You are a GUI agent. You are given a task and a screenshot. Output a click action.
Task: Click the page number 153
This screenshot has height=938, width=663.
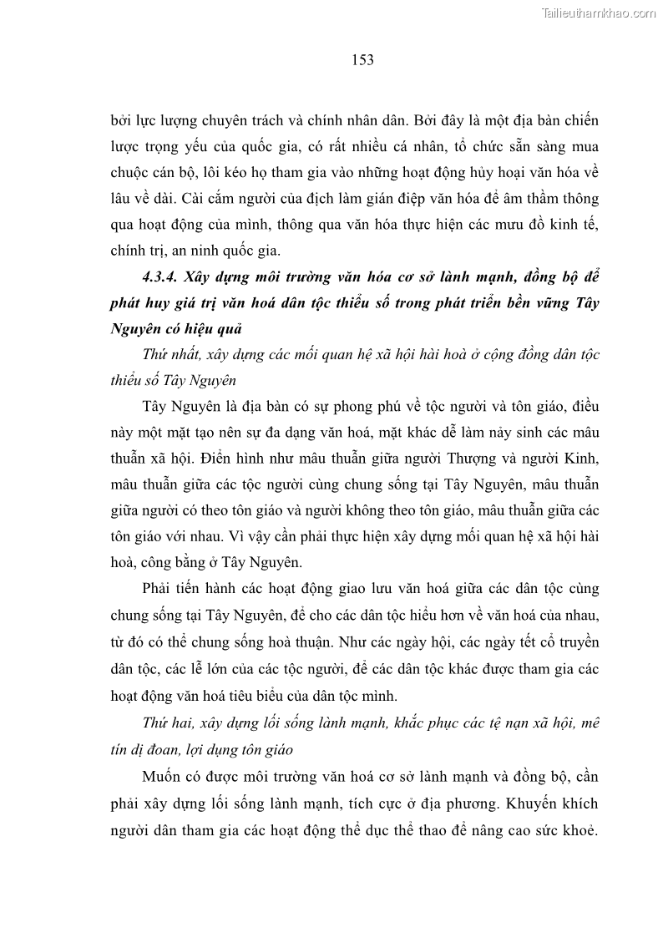point(362,59)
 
